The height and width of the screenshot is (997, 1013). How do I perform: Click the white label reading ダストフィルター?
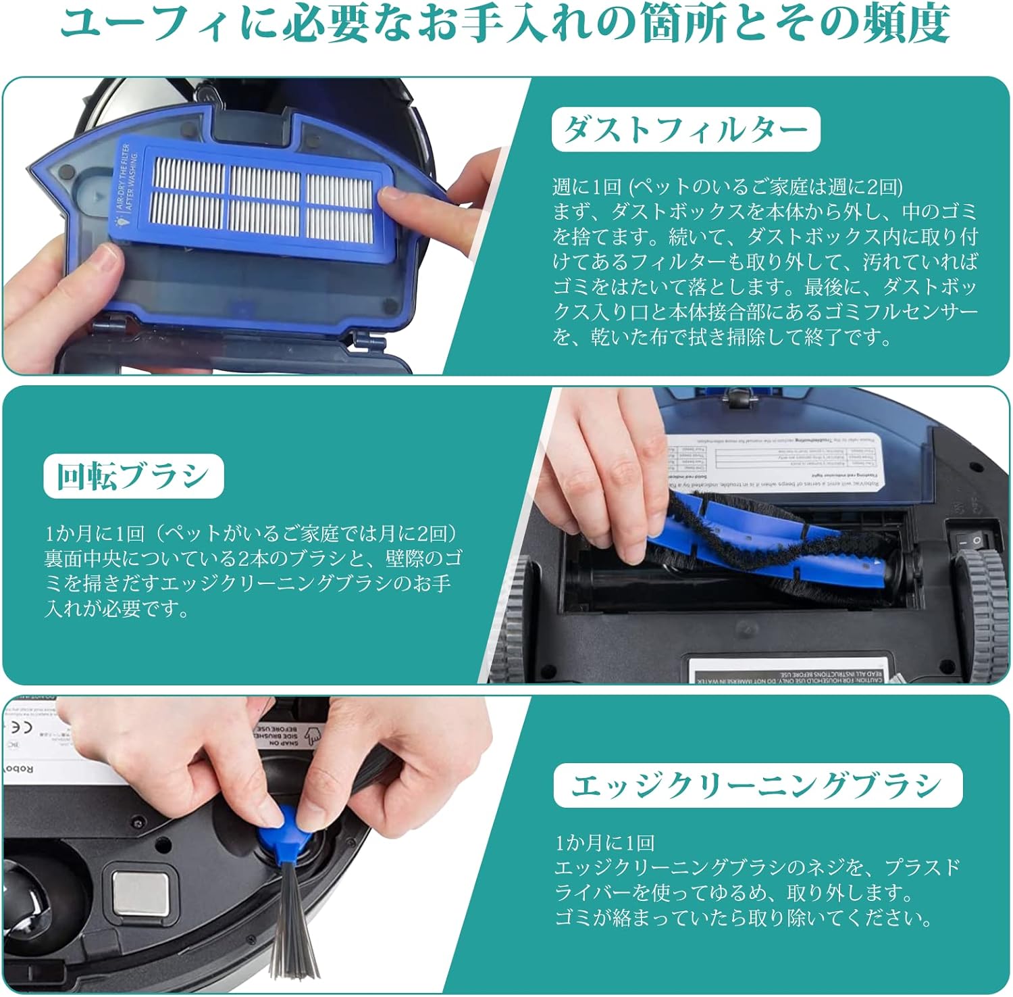(685, 129)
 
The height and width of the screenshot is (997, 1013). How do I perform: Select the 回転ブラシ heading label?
(133, 476)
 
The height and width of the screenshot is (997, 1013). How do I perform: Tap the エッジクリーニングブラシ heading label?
(757, 785)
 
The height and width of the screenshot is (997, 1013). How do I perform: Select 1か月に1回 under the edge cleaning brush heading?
(604, 843)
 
